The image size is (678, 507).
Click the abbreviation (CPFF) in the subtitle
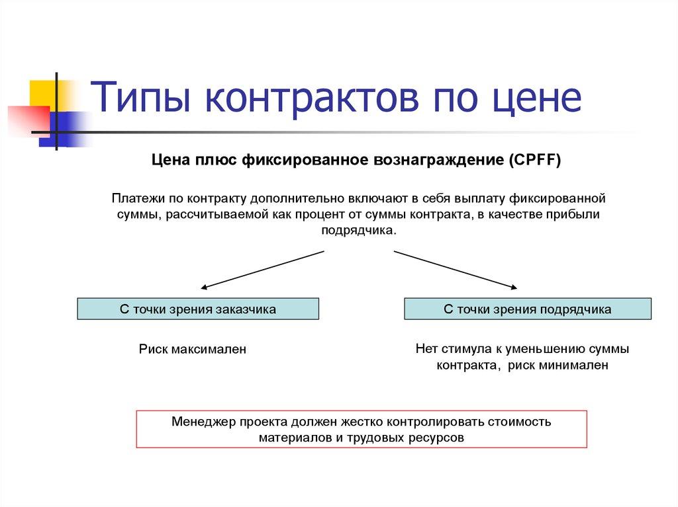coord(534,161)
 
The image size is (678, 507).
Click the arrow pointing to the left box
coord(262,270)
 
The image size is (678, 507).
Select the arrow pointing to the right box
coord(456,270)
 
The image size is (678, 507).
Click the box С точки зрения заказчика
coord(198,309)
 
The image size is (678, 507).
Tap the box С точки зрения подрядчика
coord(527,309)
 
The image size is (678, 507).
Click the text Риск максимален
coord(192,349)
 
